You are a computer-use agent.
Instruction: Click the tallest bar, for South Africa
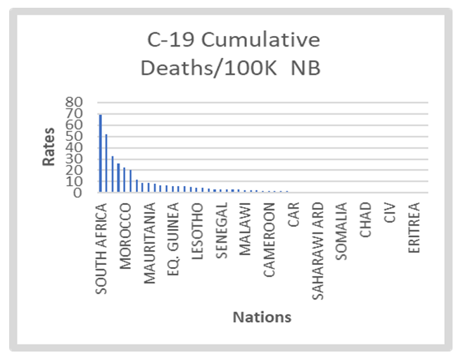[x=101, y=153]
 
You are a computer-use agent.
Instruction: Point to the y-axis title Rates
[x=49, y=147]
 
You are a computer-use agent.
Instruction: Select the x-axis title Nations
[x=262, y=318]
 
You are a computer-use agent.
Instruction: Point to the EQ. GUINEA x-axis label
[x=173, y=232]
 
